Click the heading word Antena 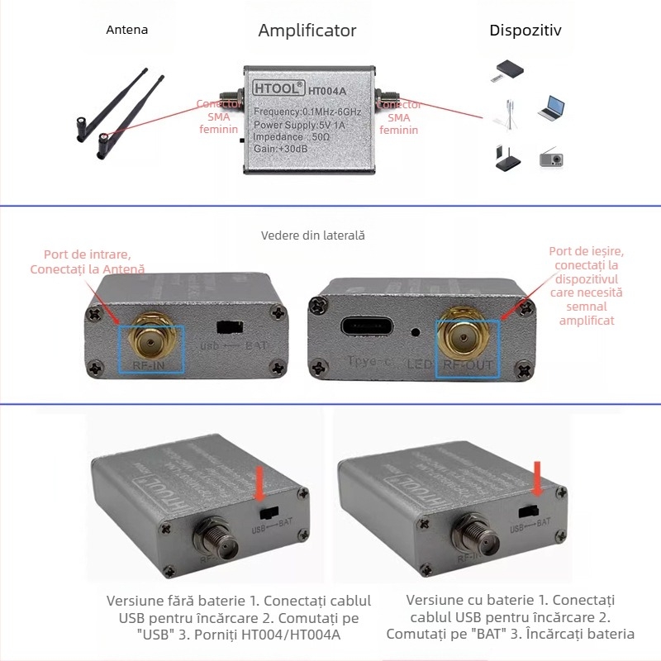[x=127, y=30]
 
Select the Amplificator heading [x=307, y=31]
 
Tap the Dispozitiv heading [x=525, y=31]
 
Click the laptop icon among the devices [x=551, y=107]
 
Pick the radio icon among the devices [x=551, y=157]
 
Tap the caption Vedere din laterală [x=312, y=235]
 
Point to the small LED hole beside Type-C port [x=414, y=333]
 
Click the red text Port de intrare [x=87, y=254]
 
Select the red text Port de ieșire [x=586, y=251]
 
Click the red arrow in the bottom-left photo [x=260, y=483]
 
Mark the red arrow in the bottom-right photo [x=538, y=478]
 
